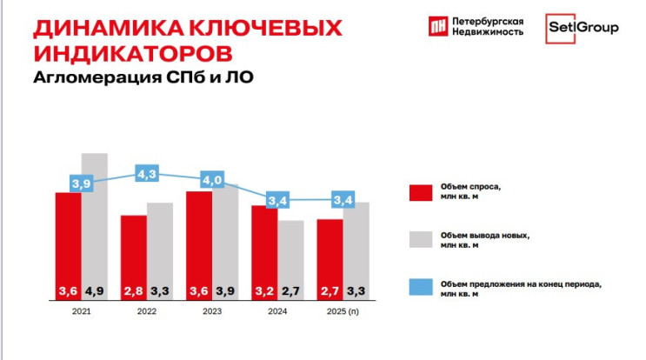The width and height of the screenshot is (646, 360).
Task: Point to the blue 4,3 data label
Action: tap(146, 174)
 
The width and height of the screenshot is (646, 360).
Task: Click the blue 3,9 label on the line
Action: tap(81, 184)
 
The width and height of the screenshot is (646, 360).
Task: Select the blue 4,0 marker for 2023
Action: tap(211, 180)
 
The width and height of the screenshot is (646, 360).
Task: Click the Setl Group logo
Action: tap(583, 29)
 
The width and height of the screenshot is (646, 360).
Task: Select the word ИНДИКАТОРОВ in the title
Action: tap(132, 51)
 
